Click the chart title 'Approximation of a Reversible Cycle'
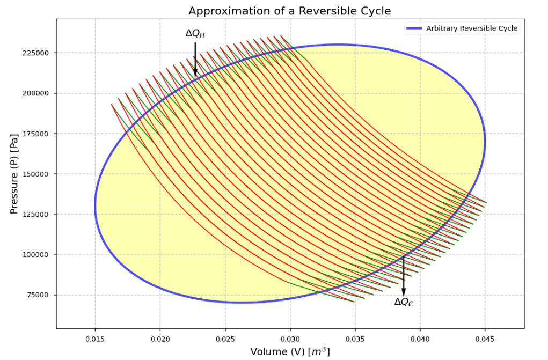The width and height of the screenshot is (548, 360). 290,11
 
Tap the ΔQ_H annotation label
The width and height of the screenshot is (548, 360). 195,33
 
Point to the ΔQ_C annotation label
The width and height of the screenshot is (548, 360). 404,302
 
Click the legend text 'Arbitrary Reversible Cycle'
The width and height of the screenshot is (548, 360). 472,28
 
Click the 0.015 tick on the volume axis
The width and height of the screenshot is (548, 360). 95,339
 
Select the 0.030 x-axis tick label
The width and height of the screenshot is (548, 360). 290,339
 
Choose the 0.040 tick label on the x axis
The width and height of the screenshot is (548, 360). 420,339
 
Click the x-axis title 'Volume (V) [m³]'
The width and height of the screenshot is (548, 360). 290,352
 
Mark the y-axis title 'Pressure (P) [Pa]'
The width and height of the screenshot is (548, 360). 14,174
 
